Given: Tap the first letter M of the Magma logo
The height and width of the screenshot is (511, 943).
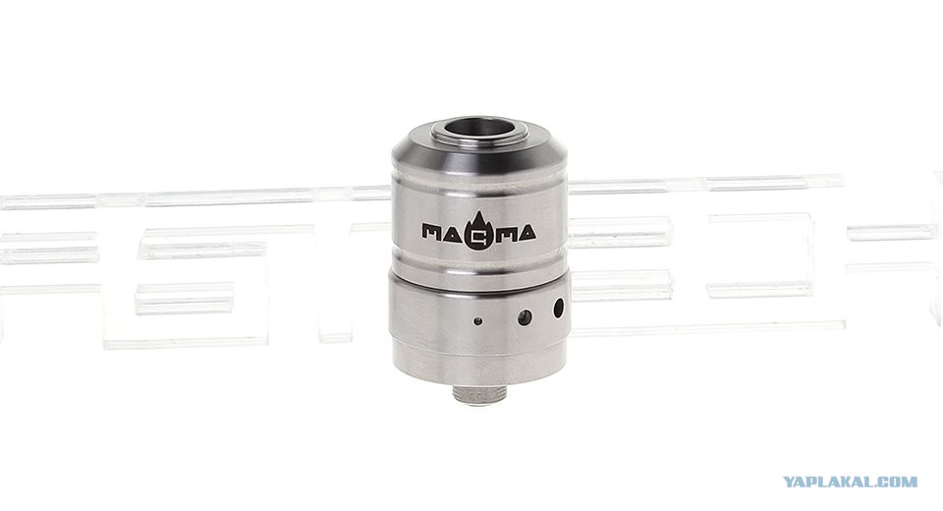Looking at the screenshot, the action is (x=433, y=232).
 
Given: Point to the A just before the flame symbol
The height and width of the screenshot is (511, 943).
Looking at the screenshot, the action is (x=455, y=233).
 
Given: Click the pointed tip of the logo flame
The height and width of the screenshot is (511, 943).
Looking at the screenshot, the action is (x=478, y=212).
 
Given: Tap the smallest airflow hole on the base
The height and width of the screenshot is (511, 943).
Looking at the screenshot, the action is (x=478, y=321).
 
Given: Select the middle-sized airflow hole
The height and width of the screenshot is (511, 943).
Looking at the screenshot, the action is (x=525, y=317).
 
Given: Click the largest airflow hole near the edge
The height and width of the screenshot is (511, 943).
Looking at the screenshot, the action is (x=559, y=309).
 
